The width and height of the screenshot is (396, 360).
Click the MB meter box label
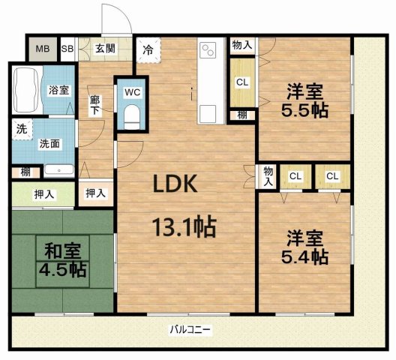tap(41, 49)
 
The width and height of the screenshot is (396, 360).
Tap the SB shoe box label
tap(67, 49)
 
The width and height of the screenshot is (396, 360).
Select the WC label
tap(132, 92)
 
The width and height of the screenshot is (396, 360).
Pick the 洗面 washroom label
tap(49, 143)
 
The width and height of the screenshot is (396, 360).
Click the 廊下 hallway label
tap(95, 103)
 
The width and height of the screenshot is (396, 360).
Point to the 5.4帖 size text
tap(304, 257)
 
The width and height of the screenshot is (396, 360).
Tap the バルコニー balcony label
tap(190, 328)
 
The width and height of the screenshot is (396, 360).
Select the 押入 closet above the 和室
tap(43, 194)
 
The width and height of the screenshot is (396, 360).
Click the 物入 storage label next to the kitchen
tap(241, 45)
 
